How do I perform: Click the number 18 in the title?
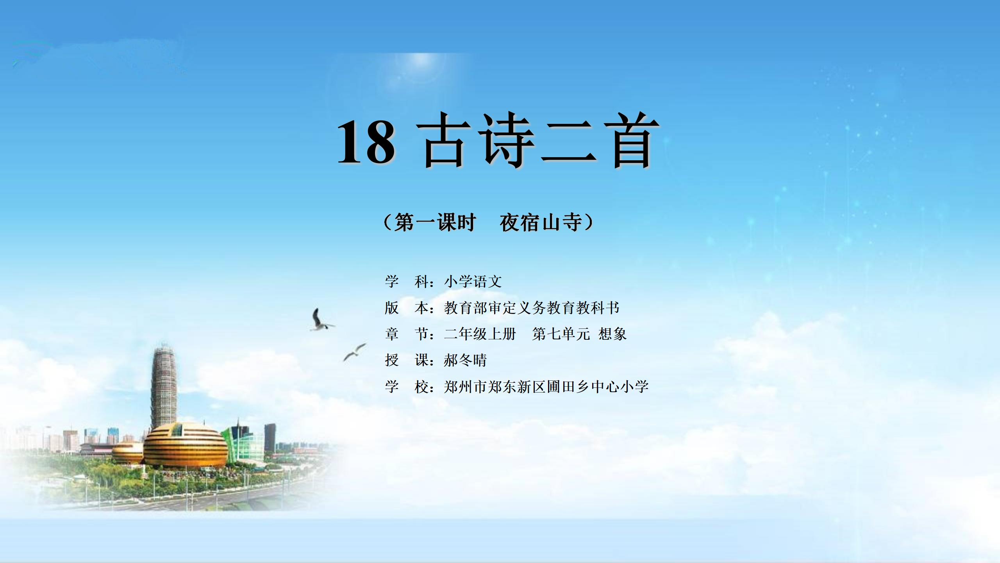pos(366,141)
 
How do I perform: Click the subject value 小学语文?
pos(473,281)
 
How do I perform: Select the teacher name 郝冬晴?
pos(465,360)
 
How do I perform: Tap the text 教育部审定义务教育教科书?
pos(532,308)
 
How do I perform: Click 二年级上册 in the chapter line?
pos(480,334)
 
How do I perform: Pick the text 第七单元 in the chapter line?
pos(561,334)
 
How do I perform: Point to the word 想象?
pos(612,334)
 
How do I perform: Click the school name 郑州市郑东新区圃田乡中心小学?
pos(546,387)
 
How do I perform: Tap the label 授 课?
pos(407,360)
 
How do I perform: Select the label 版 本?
pos(407,308)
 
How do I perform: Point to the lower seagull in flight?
pos(355,352)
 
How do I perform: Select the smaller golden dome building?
pos(128,454)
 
